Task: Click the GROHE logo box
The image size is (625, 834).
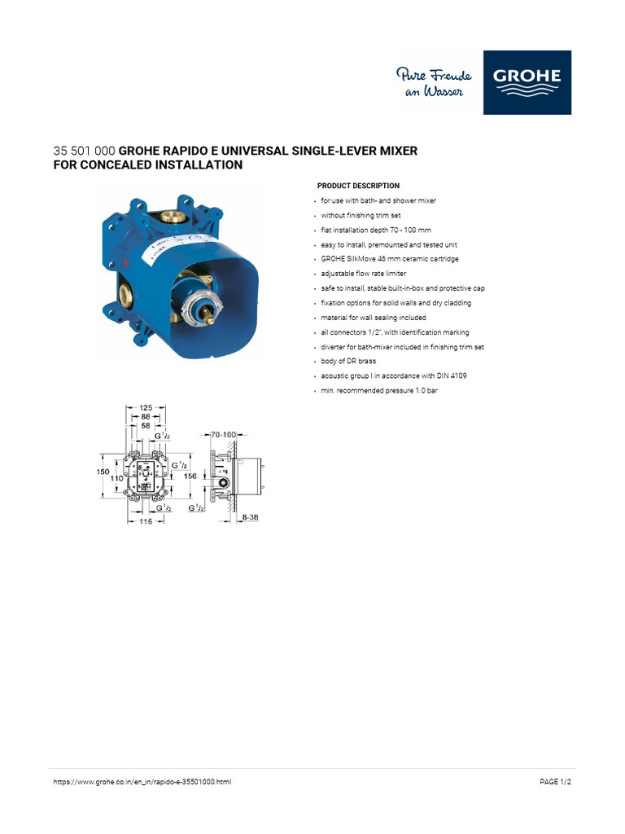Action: point(527,82)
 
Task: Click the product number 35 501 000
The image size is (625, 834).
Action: point(84,151)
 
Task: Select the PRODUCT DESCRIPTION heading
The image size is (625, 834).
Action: point(358,186)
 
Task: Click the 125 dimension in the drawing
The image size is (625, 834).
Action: point(146,406)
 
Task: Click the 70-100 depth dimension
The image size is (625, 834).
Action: point(222,435)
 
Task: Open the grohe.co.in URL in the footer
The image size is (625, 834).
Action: point(142,781)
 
